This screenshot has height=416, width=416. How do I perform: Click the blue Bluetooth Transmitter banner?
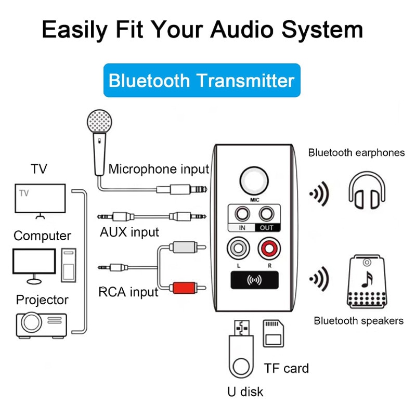(x=202, y=80)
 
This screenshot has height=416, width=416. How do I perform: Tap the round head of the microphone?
(x=99, y=122)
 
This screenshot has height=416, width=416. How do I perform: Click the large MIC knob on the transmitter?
(x=254, y=181)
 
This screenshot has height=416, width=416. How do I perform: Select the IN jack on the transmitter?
(x=242, y=214)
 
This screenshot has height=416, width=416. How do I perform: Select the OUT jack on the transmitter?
(x=266, y=214)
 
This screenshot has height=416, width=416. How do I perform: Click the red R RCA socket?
(x=269, y=249)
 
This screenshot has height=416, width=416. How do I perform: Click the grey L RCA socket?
(x=238, y=249)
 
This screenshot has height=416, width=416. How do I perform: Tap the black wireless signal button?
(x=254, y=280)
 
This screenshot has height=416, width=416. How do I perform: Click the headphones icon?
(x=367, y=190)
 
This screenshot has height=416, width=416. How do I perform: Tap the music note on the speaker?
(x=368, y=280)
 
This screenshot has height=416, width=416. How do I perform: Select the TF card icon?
(x=274, y=333)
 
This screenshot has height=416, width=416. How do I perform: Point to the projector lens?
(x=31, y=322)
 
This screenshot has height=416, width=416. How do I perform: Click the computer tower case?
(x=69, y=265)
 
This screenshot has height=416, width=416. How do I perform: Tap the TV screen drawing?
(x=40, y=199)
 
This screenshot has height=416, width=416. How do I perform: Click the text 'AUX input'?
(x=129, y=232)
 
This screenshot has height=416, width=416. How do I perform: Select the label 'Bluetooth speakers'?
(x=359, y=321)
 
